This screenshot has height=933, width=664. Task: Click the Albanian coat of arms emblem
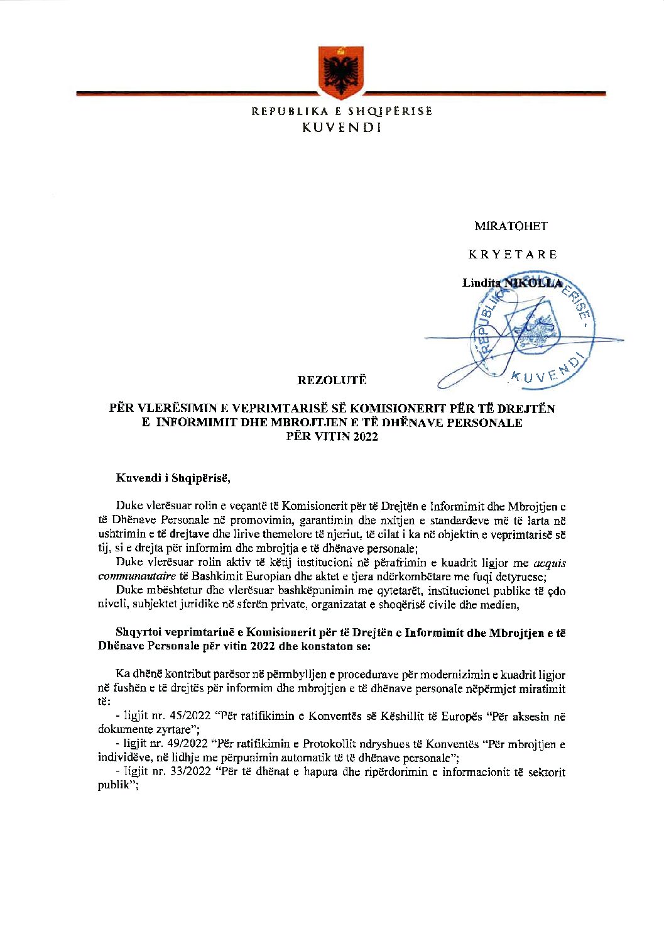point(340,72)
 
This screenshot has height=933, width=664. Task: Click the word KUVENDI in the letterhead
point(342,128)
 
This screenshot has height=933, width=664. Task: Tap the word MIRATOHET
point(511,226)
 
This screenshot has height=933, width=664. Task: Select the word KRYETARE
point(513,255)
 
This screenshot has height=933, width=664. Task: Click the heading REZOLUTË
point(332,380)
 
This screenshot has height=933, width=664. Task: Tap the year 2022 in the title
point(365,436)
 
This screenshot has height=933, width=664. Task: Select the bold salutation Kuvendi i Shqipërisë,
point(173,478)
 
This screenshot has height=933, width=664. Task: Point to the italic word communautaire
point(136,576)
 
